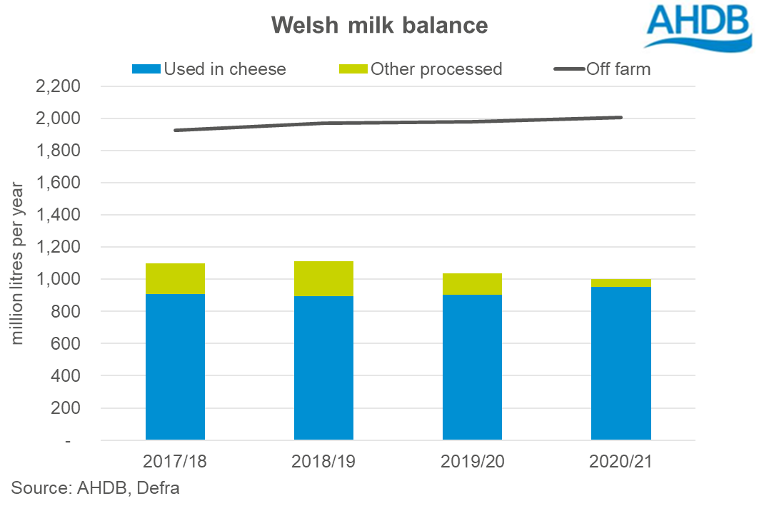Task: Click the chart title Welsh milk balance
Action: click(x=379, y=26)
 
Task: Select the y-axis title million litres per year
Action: click(x=18, y=264)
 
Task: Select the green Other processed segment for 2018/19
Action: click(x=323, y=278)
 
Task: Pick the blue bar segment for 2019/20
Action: click(x=472, y=367)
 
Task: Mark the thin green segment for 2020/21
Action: click(x=620, y=283)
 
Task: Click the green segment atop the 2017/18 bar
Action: click(x=175, y=278)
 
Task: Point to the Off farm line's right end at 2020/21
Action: click(x=620, y=118)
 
